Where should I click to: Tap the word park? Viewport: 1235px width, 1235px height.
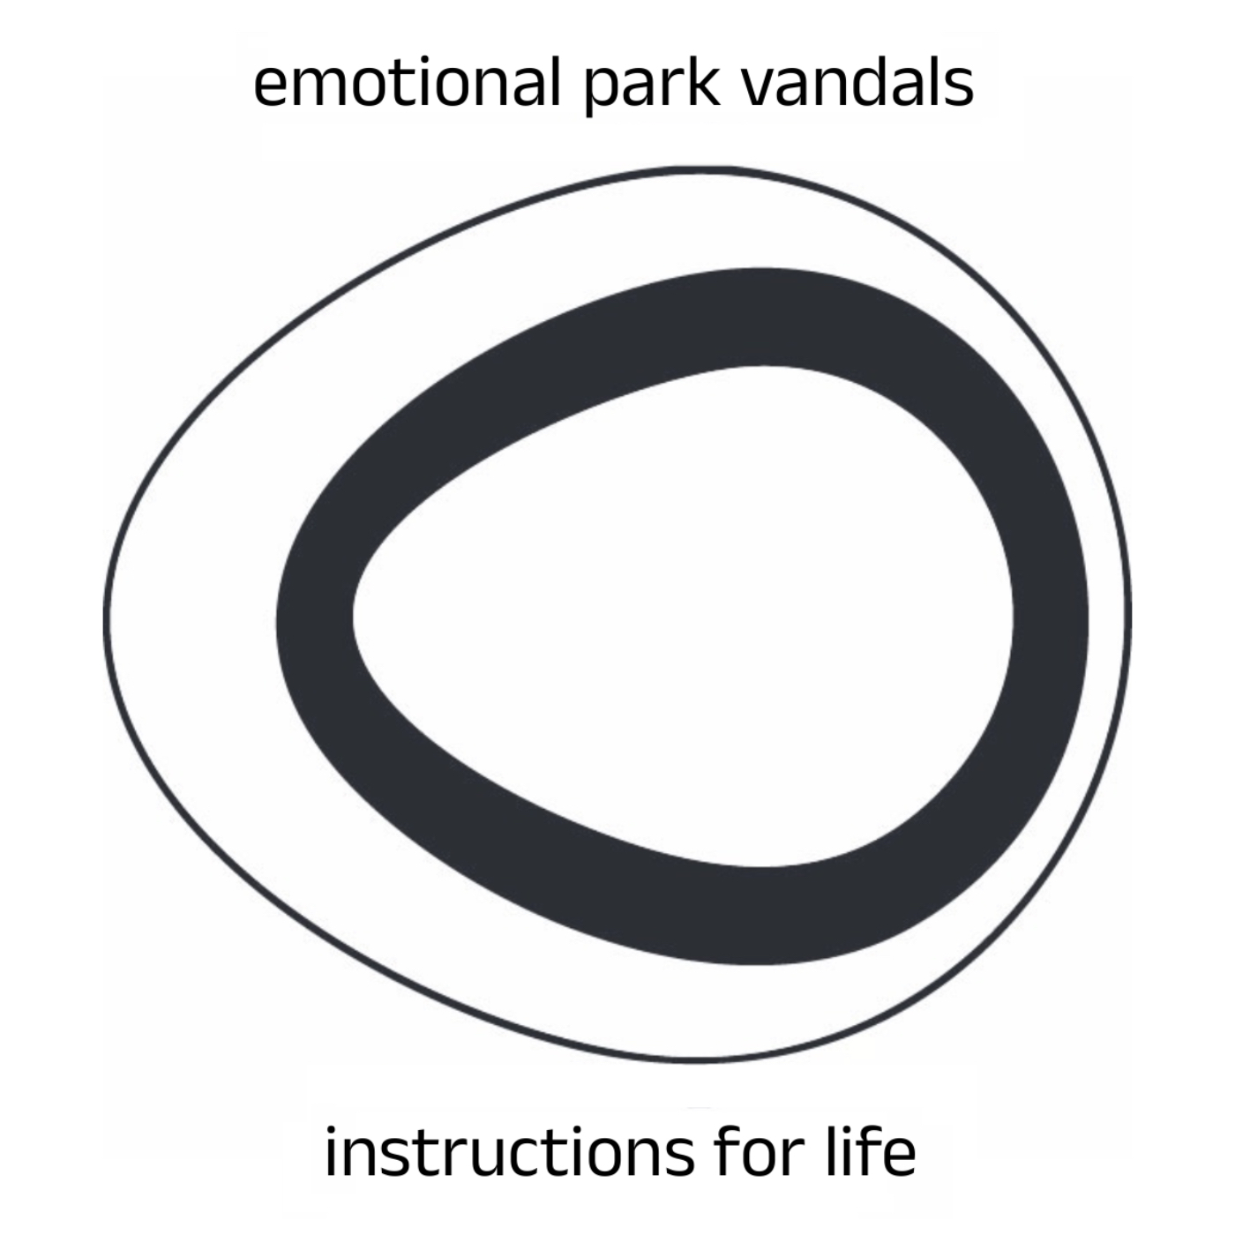pyautogui.click(x=650, y=86)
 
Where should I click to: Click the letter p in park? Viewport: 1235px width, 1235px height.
pyautogui.click(x=602, y=93)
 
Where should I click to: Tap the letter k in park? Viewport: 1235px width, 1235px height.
pyautogui.click(x=703, y=81)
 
